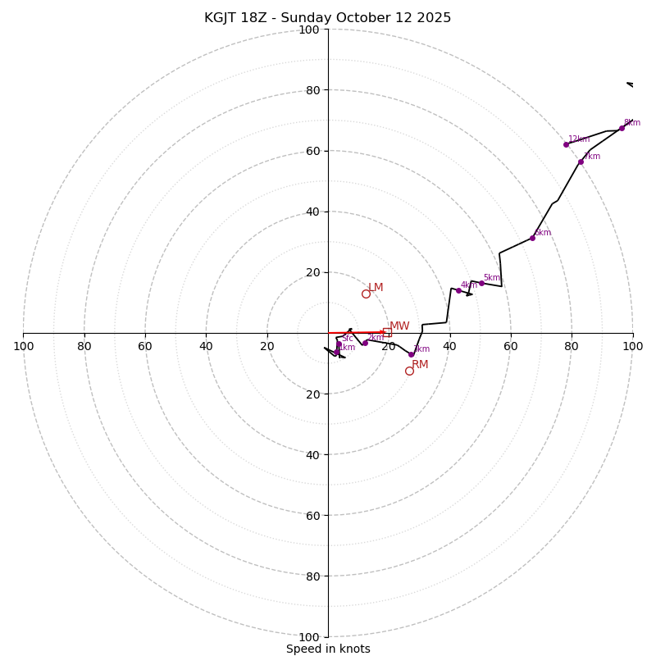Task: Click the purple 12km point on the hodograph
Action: [x=566, y=144]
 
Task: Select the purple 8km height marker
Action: [x=622, y=128]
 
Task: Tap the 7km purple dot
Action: [x=581, y=162]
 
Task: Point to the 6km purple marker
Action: [x=532, y=238]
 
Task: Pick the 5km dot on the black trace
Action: [x=481, y=283]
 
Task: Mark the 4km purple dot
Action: [x=458, y=290]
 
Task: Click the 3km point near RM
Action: [x=411, y=354]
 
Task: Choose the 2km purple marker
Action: [x=365, y=343]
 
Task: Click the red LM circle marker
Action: [x=366, y=294]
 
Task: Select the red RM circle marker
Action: [x=409, y=371]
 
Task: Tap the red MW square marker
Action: [x=387, y=332]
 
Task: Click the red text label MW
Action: [x=399, y=326]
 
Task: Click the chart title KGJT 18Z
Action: [x=327, y=18]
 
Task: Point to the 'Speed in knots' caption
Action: [x=328, y=649]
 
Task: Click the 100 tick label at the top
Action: [x=309, y=30]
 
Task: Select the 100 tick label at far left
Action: [x=24, y=346]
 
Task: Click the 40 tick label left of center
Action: [x=206, y=346]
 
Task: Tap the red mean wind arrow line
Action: [x=357, y=333]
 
